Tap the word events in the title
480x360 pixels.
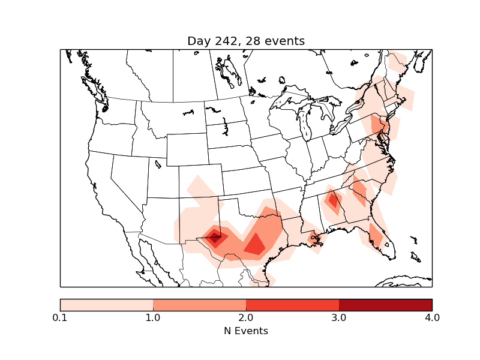tap(283, 41)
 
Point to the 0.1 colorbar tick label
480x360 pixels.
tap(60, 317)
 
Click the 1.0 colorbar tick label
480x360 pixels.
tap(153, 317)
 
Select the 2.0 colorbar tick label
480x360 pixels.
tap(246, 317)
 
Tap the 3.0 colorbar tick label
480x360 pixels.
tap(339, 317)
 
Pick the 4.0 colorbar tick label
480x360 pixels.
tap(432, 317)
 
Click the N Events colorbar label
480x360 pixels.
tap(246, 331)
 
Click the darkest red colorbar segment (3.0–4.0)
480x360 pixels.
tap(385, 305)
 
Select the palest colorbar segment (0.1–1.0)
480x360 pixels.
tap(106, 305)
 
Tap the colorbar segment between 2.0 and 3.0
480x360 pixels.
tap(292, 305)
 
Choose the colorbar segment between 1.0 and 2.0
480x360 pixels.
tap(199, 305)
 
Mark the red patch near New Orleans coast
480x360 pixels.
tap(314, 238)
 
